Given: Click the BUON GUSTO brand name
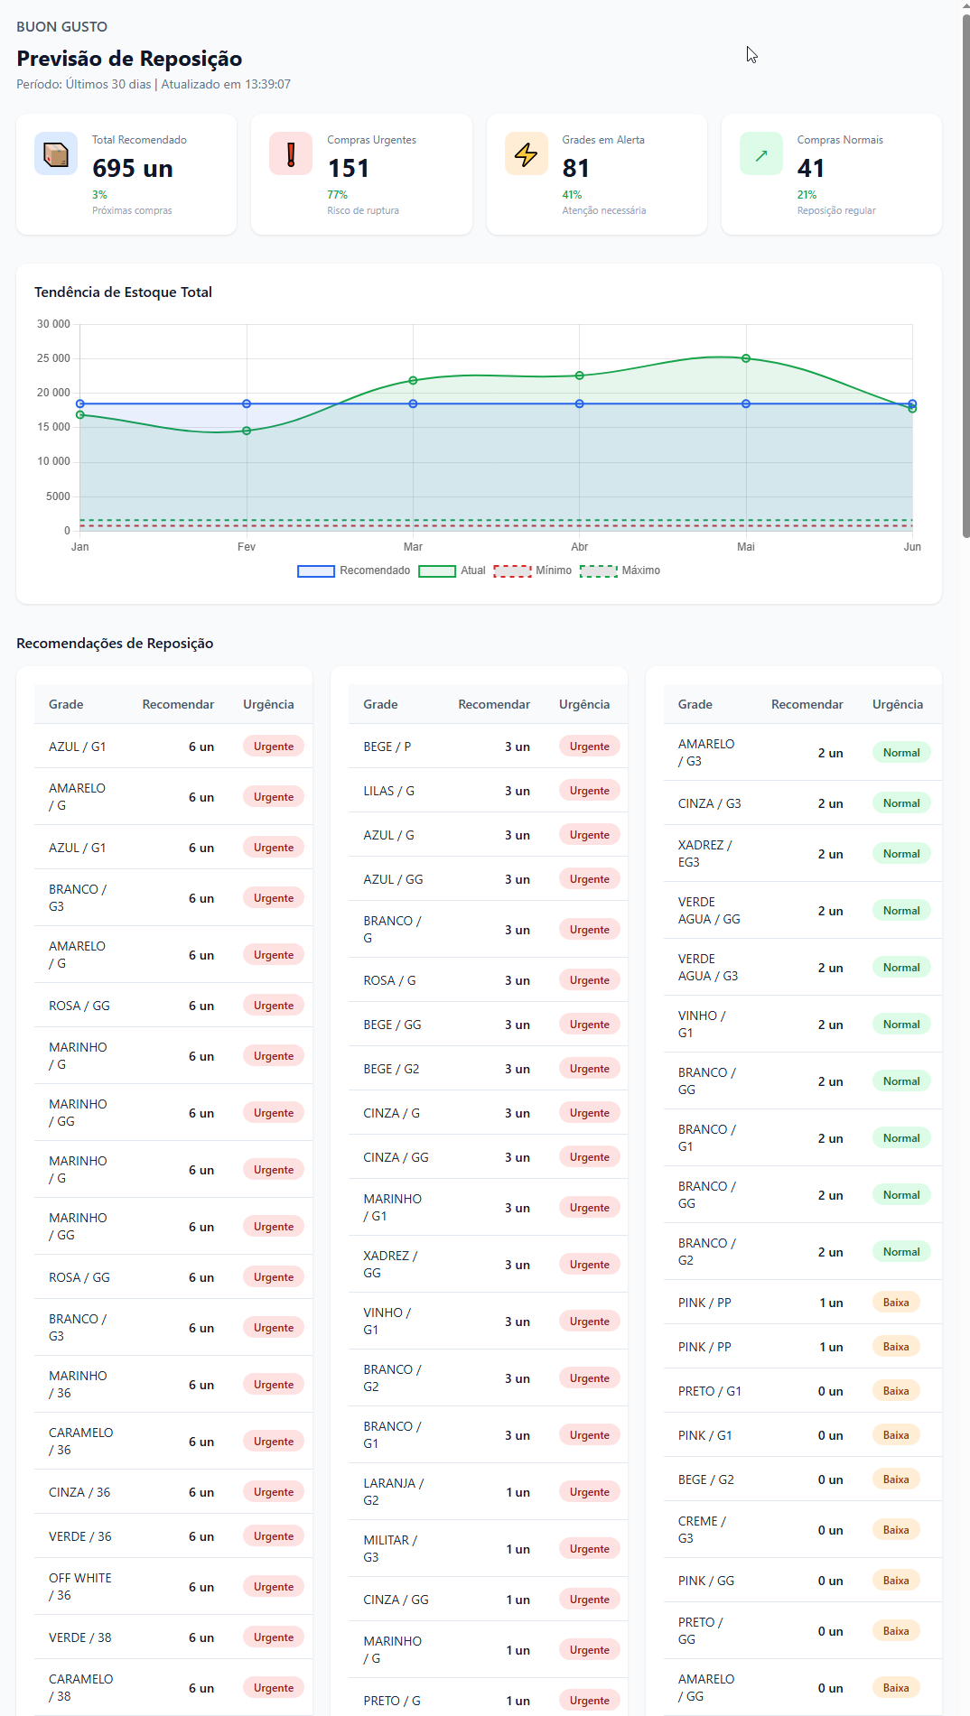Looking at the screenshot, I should pyautogui.click(x=61, y=27).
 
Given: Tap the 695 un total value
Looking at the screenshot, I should pyautogui.click(x=133, y=169).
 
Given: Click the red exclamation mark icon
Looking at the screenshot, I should pyautogui.click(x=291, y=154).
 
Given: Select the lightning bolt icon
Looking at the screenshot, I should pyautogui.click(x=526, y=154).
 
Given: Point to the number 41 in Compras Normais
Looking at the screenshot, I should pyautogui.click(x=810, y=169).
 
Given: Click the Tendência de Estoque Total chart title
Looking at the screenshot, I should pyautogui.click(x=123, y=292).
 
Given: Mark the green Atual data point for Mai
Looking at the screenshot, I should pyautogui.click(x=746, y=358).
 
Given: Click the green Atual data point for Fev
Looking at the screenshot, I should pyautogui.click(x=247, y=431).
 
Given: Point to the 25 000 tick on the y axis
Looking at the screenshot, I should pyautogui.click(x=53, y=358).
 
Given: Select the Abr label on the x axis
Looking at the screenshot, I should pyautogui.click(x=579, y=547).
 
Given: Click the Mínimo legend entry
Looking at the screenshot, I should pyautogui.click(x=533, y=570).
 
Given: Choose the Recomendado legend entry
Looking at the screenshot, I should pyautogui.click(x=354, y=570).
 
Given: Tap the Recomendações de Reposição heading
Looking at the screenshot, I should pyautogui.click(x=115, y=644).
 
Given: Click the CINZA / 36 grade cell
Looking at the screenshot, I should pyautogui.click(x=79, y=1492).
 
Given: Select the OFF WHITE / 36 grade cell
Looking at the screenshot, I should pyautogui.click(x=79, y=1586).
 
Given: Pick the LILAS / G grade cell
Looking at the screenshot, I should pyautogui.click(x=388, y=791).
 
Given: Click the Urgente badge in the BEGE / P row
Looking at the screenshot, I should pyautogui.click(x=589, y=747).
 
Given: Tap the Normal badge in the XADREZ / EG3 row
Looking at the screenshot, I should pyautogui.click(x=900, y=854).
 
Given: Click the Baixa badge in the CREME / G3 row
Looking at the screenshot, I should pyautogui.click(x=895, y=1530).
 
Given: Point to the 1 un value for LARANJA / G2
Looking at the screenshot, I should pyautogui.click(x=518, y=1492).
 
